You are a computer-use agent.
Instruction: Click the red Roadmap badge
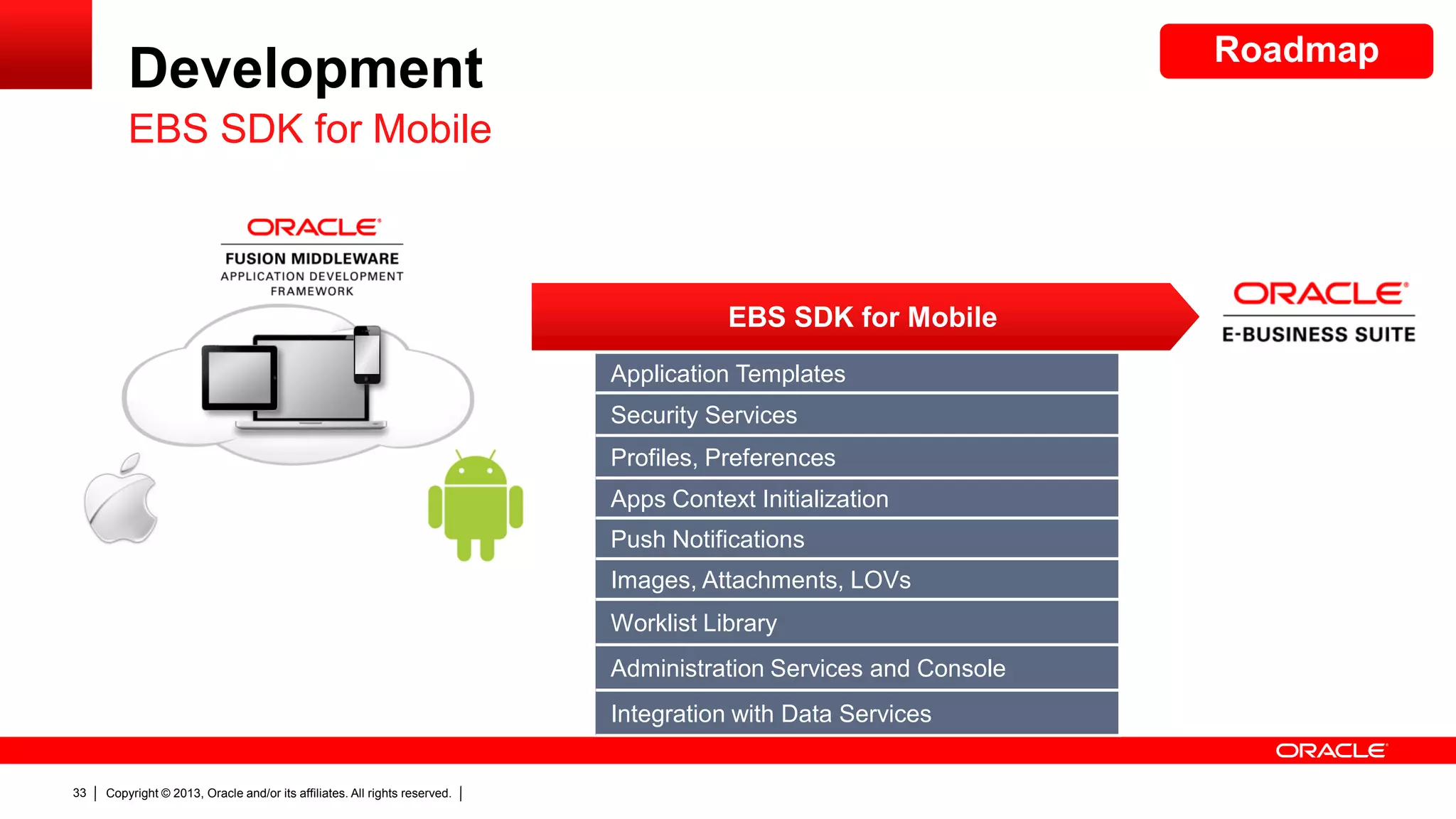1295,51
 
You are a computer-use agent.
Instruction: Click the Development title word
306,68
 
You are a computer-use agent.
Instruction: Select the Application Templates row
856,373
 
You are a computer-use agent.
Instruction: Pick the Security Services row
856,414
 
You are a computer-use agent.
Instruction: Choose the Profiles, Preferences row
856,457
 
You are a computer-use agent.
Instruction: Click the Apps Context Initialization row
856,498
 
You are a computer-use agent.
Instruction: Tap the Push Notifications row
856,539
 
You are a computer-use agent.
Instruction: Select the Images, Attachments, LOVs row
856,580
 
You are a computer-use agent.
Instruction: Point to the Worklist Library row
856,623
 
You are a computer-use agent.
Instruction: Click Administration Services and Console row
856,668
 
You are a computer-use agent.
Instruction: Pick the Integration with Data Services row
856,713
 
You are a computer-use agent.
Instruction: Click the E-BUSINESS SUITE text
1318,334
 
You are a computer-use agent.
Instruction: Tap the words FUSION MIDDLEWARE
312,259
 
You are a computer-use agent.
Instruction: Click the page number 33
79,793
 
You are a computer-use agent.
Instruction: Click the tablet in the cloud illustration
240,378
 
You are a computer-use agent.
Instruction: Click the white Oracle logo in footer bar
1331,751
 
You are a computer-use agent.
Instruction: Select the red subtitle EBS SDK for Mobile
310,129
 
